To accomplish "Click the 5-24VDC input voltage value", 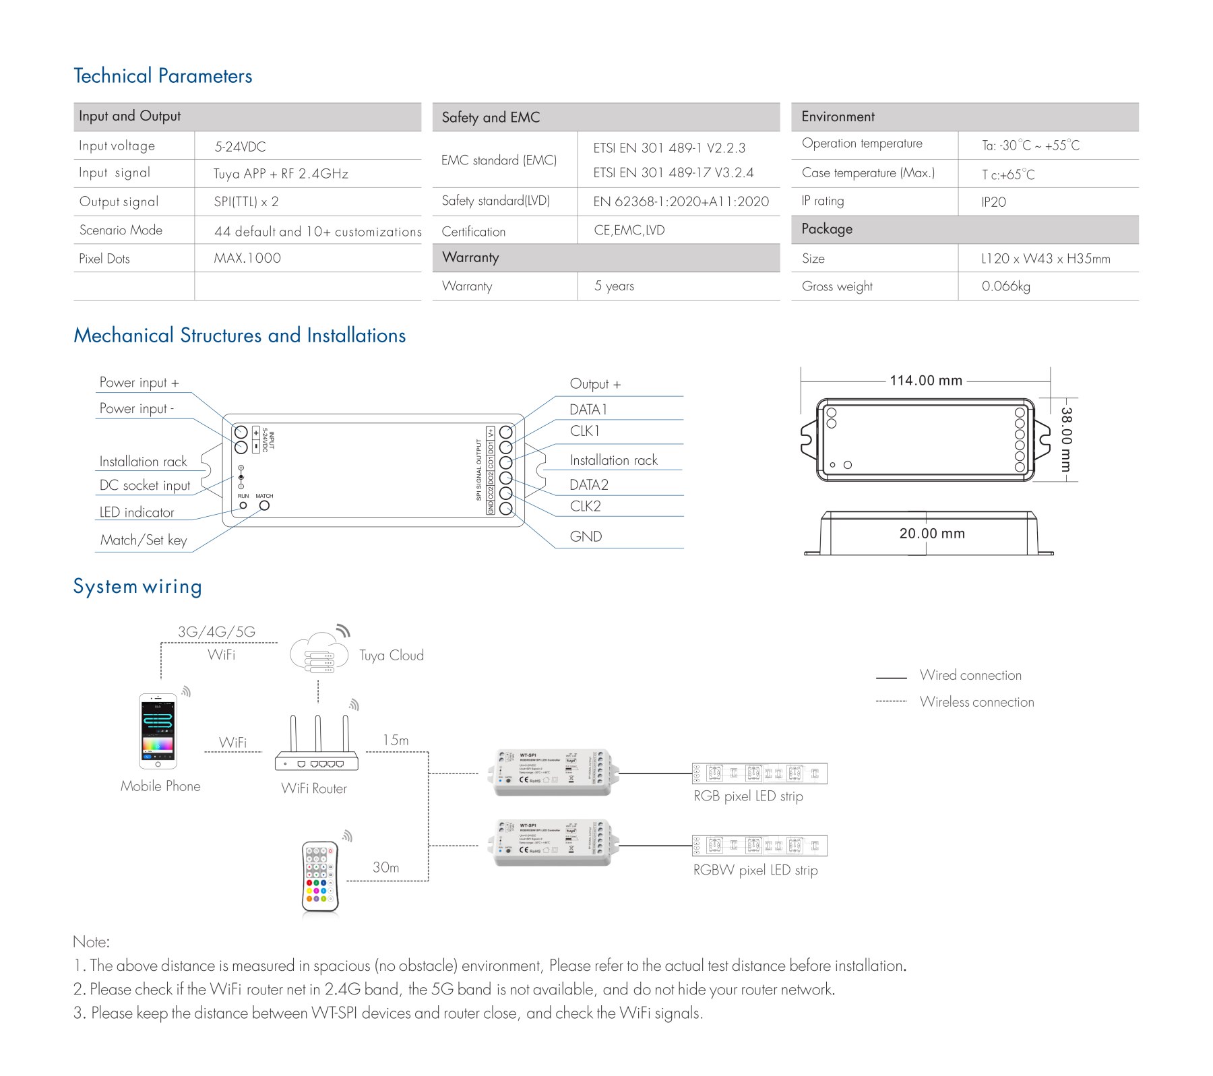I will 240,146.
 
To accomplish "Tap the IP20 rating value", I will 993,202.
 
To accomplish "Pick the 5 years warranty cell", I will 614,286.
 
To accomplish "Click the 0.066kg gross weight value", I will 1005,286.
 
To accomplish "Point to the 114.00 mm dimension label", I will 926,381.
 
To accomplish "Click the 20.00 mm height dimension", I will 932,534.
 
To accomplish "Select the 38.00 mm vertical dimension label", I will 1066,439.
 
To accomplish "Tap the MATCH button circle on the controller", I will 264,505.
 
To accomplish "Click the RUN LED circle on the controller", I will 243,505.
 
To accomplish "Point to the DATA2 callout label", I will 588,484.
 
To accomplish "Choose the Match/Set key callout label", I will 144,540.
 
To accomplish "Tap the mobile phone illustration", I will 158,731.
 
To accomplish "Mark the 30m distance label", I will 385,867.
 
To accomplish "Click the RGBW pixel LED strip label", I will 755,870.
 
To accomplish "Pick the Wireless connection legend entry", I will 976,702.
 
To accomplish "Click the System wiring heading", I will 137,586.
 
